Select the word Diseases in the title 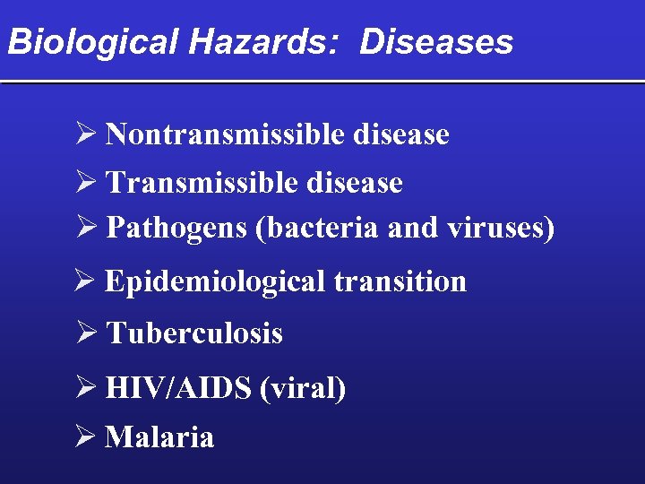coord(436,42)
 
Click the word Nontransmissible coord(226,134)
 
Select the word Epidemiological coord(214,281)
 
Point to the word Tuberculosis coord(194,333)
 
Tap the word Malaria coord(159,437)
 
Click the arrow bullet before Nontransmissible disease coord(86,134)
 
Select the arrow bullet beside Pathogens coord(86,229)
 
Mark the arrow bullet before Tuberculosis coord(86,333)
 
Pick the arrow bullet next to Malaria coord(86,437)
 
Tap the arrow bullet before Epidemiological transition coord(86,281)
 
